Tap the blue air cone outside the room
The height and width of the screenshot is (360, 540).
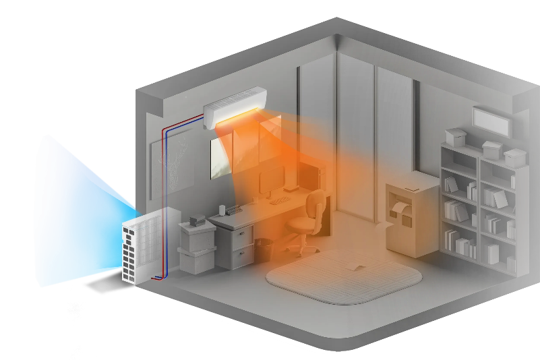point(74,209)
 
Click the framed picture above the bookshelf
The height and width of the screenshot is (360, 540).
point(490,120)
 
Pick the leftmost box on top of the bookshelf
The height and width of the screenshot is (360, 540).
point(455,136)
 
